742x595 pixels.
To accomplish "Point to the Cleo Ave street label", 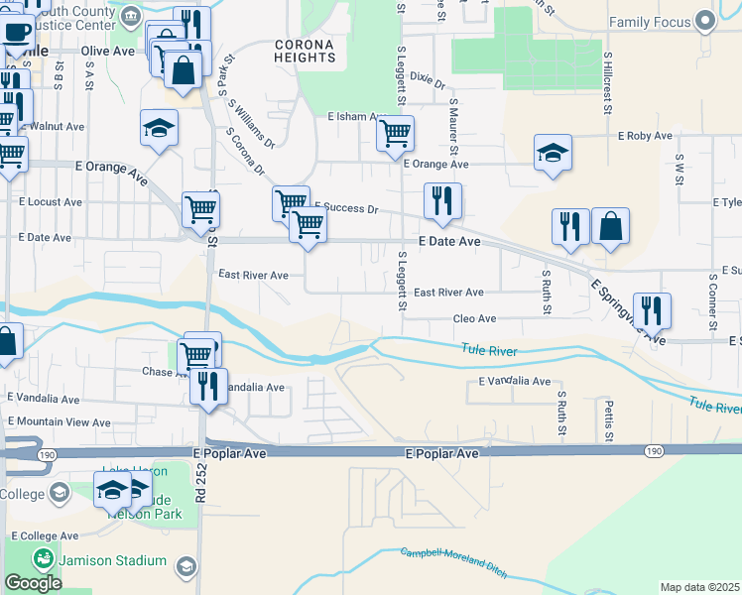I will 474,318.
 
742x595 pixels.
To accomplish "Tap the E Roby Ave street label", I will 646,136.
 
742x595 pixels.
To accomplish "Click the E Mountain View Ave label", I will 60,422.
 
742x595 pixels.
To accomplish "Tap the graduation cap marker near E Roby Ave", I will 553,152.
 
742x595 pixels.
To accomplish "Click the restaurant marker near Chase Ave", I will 208,385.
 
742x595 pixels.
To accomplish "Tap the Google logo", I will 33,583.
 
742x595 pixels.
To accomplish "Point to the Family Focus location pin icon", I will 705,21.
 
